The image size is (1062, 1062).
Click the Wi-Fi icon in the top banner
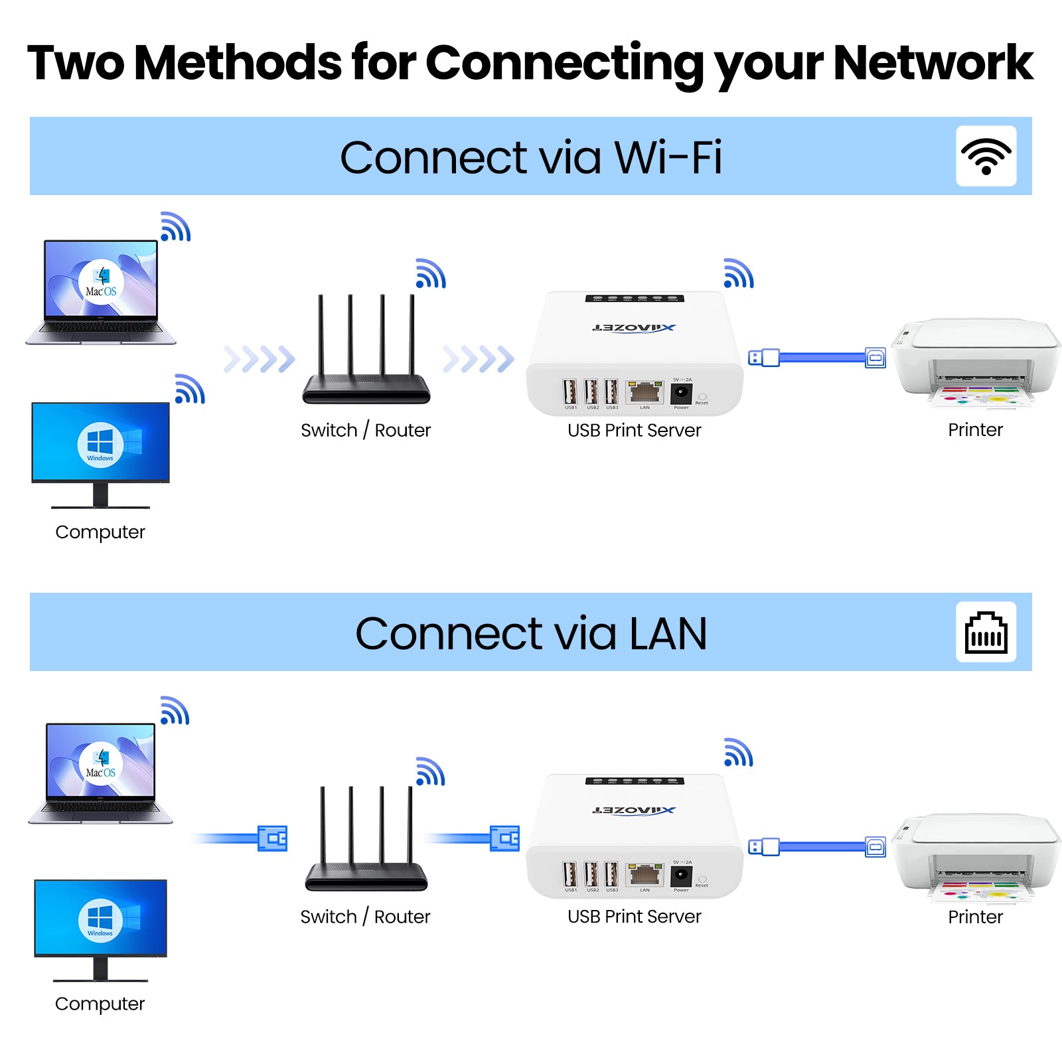coord(986,157)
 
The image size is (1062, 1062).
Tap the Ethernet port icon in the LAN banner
coord(986,633)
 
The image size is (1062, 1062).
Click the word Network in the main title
coord(933,63)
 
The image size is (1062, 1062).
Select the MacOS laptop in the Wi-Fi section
coord(101,292)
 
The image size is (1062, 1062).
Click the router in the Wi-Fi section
coord(366,352)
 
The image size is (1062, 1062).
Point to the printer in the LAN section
coord(976,856)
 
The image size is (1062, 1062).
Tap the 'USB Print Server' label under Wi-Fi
coord(634,430)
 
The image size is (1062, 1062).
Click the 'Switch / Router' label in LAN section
coord(365,917)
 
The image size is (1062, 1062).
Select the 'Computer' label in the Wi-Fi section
coord(100,532)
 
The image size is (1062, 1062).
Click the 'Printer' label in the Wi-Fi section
coord(975,429)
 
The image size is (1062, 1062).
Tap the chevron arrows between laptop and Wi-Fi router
coord(259,359)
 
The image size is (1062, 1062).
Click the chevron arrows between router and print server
coord(478,359)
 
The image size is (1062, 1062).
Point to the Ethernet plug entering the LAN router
coord(272,838)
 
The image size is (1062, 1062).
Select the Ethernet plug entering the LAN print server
coord(504,838)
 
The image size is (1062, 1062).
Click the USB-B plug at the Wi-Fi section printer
coord(875,358)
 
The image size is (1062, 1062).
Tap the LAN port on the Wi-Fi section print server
coord(645,392)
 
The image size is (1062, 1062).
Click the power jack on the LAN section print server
coord(682,876)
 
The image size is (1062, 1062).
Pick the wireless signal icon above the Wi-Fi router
coord(431,273)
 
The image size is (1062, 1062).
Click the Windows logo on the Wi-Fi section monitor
coord(100,443)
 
